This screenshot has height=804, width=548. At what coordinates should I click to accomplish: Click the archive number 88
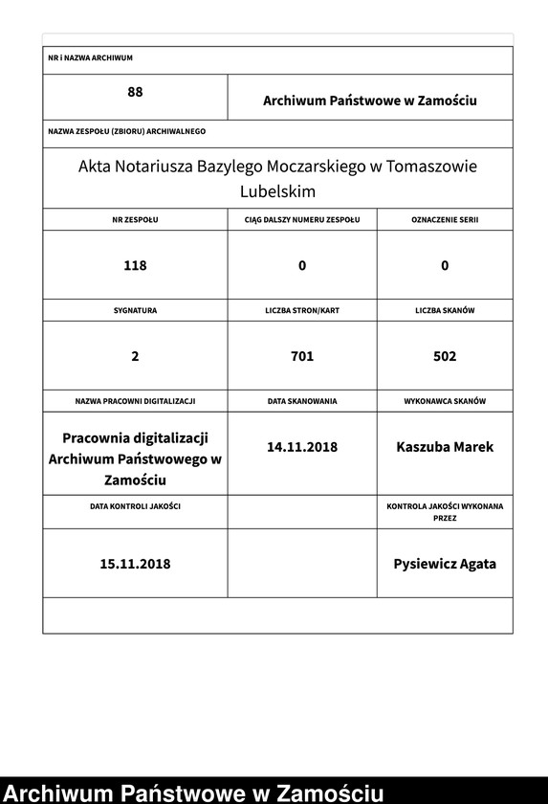pyautogui.click(x=135, y=92)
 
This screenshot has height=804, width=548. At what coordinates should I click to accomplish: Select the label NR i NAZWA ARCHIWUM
pyautogui.click(x=90, y=58)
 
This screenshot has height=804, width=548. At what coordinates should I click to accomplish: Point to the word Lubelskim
pyautogui.click(x=277, y=191)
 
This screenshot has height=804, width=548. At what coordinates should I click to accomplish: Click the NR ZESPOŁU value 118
pyautogui.click(x=135, y=265)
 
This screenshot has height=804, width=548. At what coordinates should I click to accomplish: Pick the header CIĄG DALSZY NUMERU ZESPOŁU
pyautogui.click(x=301, y=219)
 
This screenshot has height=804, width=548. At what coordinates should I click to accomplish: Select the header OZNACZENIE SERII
pyautogui.click(x=445, y=219)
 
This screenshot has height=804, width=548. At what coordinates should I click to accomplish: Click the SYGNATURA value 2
pyautogui.click(x=135, y=356)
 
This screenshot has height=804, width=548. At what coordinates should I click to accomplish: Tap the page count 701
pyautogui.click(x=302, y=356)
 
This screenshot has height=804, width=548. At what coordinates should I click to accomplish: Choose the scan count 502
pyautogui.click(x=445, y=356)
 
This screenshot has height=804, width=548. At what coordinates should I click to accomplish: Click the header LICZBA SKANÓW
pyautogui.click(x=445, y=311)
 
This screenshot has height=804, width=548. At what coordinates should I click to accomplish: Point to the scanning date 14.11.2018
pyautogui.click(x=302, y=446)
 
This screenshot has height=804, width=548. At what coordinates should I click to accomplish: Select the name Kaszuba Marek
pyautogui.click(x=445, y=446)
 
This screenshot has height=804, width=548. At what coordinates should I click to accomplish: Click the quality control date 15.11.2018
pyautogui.click(x=135, y=564)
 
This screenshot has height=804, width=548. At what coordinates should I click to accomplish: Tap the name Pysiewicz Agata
pyautogui.click(x=445, y=564)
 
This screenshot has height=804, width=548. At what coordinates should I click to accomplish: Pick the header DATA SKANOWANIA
pyautogui.click(x=302, y=401)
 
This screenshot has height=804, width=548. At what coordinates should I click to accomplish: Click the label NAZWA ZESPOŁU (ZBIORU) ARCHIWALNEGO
pyautogui.click(x=127, y=130)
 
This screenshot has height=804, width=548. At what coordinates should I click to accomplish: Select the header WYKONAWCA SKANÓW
pyautogui.click(x=445, y=401)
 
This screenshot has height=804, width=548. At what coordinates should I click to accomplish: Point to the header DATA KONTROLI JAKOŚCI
pyautogui.click(x=135, y=504)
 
